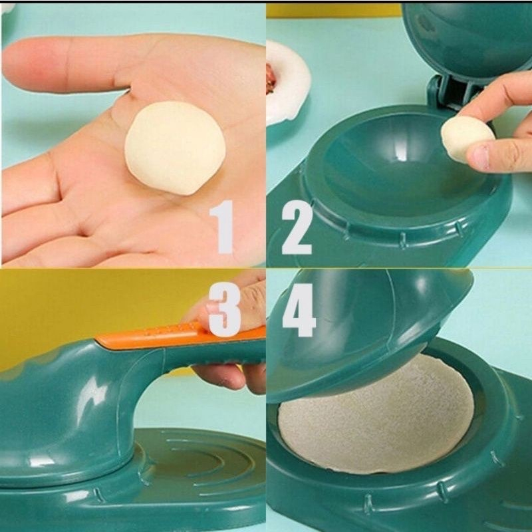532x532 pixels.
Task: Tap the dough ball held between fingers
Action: (465, 138)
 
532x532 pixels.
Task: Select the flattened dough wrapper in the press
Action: (376, 416)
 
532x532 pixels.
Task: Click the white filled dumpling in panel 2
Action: (287, 83)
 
